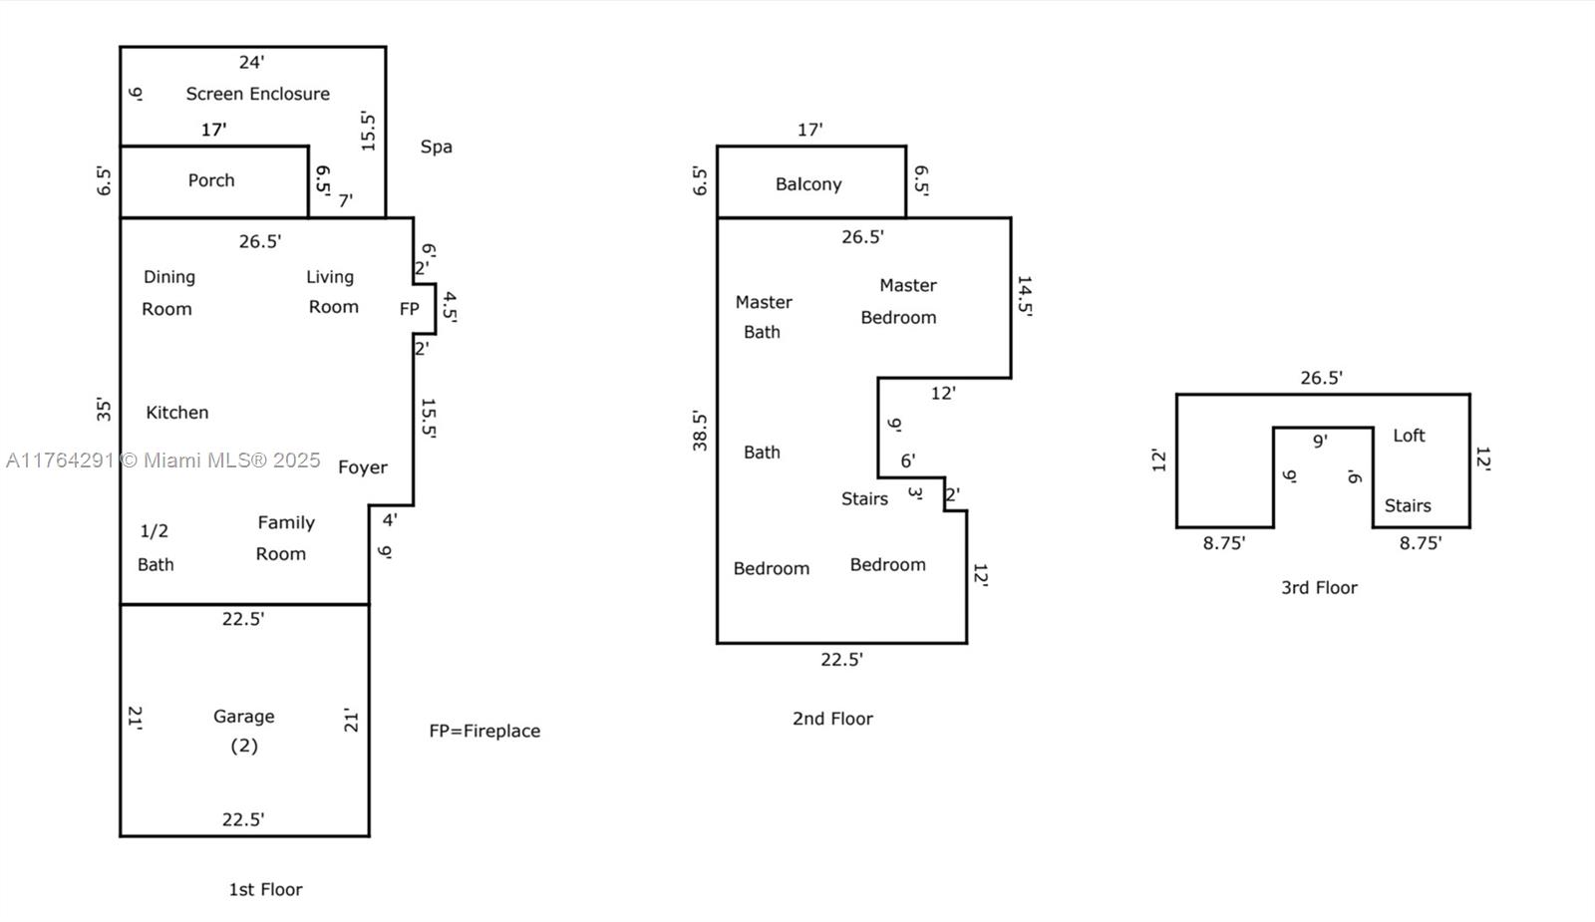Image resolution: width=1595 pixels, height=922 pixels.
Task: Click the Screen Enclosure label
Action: (x=257, y=94)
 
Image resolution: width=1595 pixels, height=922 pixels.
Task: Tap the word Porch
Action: (x=211, y=180)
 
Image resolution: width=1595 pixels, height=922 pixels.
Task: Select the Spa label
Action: (x=436, y=147)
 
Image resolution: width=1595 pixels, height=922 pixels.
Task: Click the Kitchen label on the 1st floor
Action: (x=177, y=413)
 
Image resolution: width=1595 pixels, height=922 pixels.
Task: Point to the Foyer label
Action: (x=363, y=467)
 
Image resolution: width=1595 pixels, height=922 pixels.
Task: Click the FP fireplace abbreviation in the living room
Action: (x=409, y=309)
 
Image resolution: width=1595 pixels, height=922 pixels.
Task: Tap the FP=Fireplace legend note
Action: (x=484, y=731)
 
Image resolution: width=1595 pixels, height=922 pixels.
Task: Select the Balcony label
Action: (x=808, y=184)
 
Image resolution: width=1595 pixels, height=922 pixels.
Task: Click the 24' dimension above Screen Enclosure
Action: (x=251, y=62)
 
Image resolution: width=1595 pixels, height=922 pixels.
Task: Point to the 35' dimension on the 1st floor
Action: (x=104, y=410)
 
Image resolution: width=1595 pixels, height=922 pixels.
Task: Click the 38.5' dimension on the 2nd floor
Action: (x=700, y=431)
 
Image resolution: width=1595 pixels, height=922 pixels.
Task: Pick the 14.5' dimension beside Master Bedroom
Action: (x=1024, y=296)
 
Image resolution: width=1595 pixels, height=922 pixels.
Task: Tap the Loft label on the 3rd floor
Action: (x=1409, y=436)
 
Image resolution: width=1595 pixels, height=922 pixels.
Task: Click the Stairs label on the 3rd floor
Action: (x=1408, y=506)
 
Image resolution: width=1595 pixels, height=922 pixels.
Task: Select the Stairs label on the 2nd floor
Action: (x=864, y=499)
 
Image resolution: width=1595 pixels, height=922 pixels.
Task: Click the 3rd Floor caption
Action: (x=1319, y=588)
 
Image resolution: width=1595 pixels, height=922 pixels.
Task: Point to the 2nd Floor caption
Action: (x=832, y=719)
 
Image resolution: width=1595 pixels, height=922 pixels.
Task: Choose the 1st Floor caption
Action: (x=265, y=890)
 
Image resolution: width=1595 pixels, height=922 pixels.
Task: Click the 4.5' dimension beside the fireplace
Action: (x=450, y=308)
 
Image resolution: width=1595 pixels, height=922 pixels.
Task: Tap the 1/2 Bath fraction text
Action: (x=154, y=531)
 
